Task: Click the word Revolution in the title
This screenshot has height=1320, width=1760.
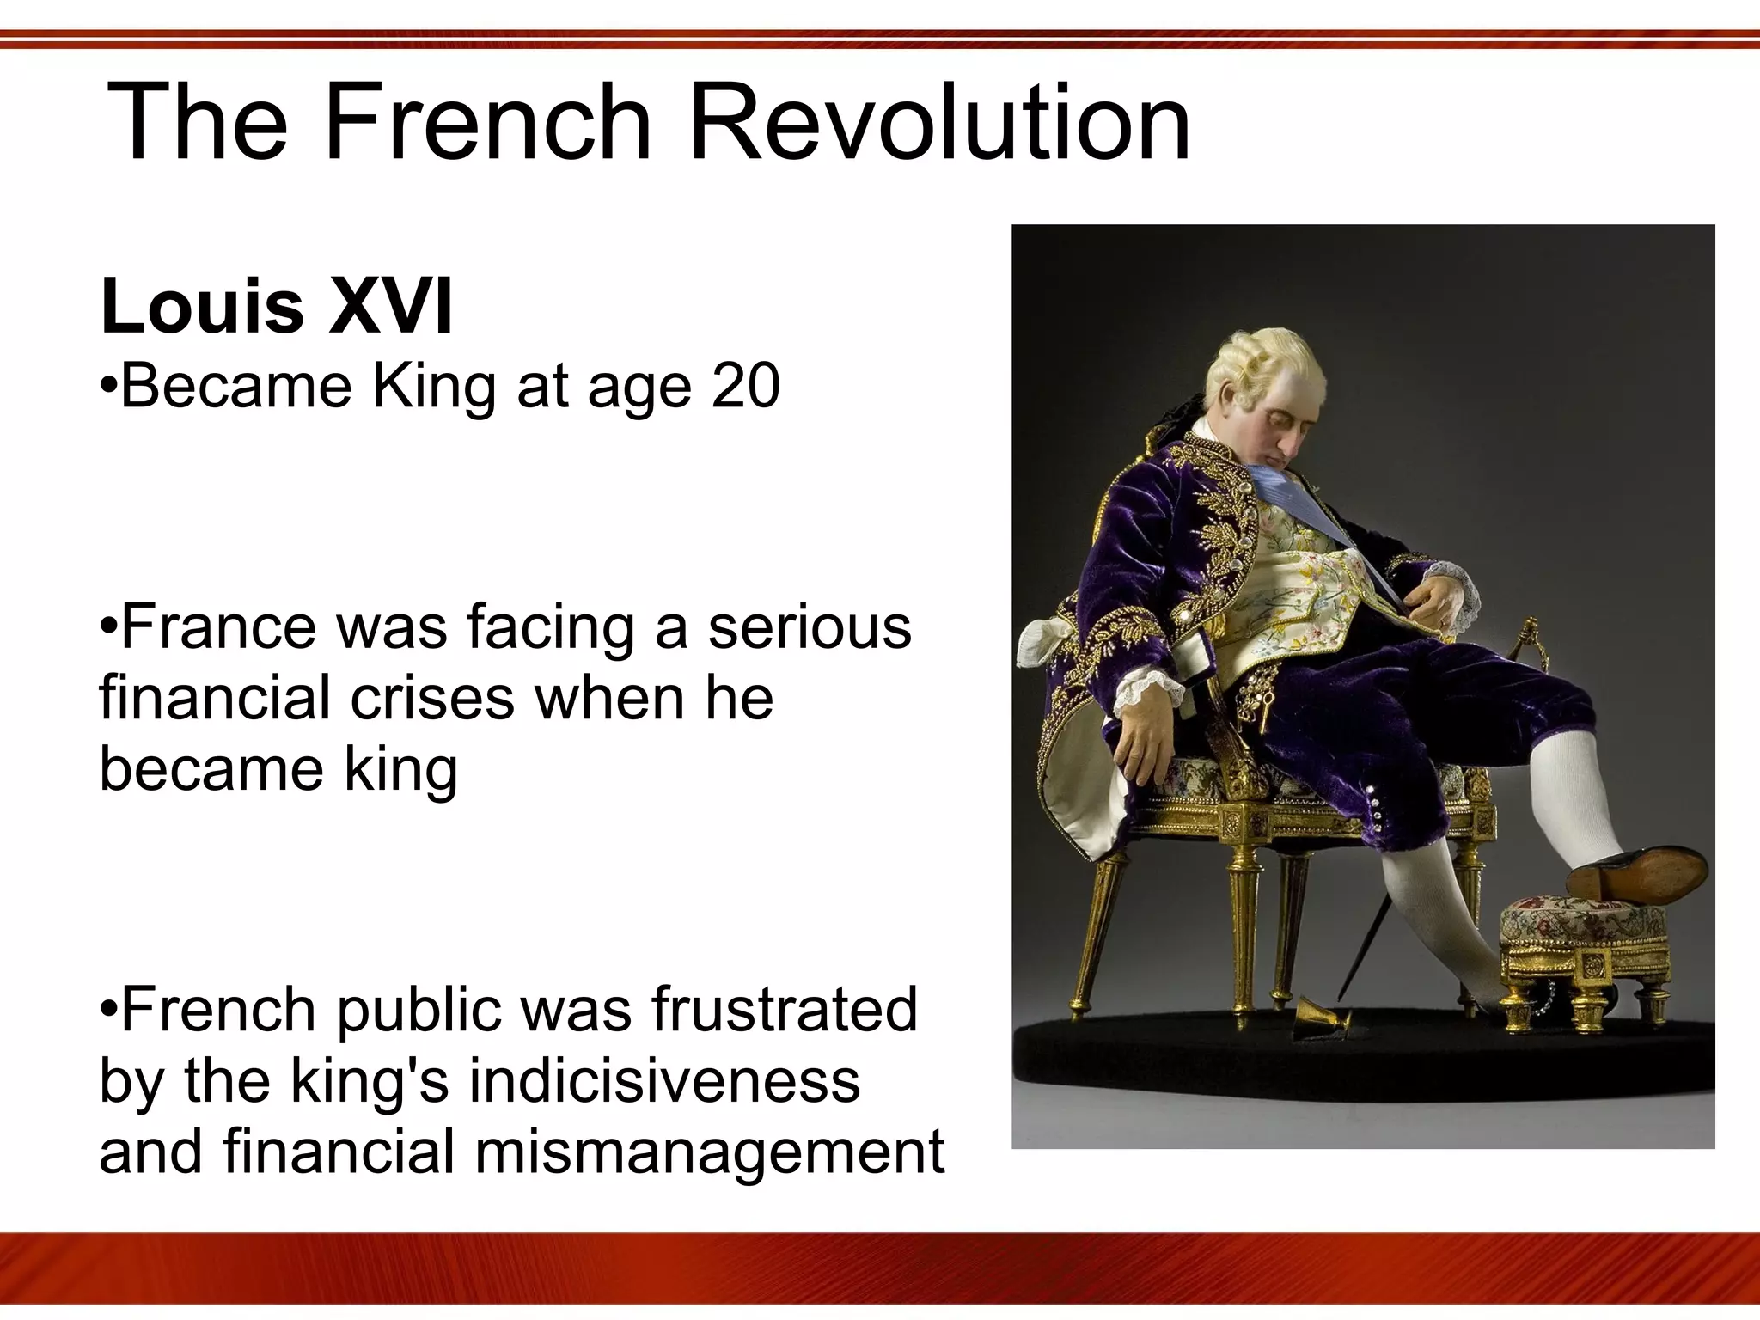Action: [x=939, y=122]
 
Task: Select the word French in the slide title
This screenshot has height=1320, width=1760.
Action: [x=488, y=122]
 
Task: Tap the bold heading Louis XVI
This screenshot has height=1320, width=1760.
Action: [x=277, y=307]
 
